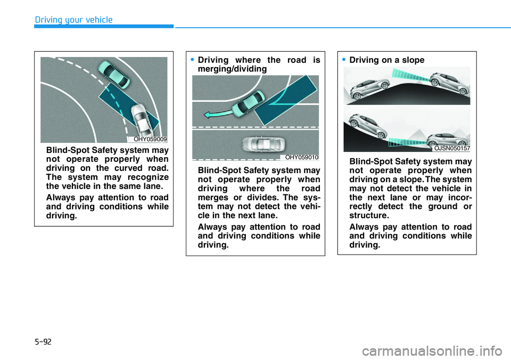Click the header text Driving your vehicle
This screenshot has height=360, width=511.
[x=73, y=20]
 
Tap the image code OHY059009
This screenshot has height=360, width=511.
[x=150, y=139]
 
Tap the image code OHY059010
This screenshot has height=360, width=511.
[x=302, y=157]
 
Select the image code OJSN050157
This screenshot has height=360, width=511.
[x=452, y=149]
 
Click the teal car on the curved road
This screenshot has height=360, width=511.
[x=113, y=74]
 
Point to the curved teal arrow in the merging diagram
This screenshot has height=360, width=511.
[x=217, y=111]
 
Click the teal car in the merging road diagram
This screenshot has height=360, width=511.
[x=248, y=102]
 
